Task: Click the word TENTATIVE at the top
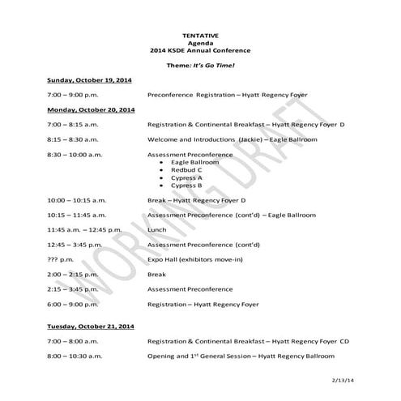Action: coord(200,36)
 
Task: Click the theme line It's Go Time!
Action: coord(200,64)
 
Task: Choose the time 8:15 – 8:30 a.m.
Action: coord(72,139)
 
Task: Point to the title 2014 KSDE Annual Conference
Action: coord(200,50)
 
